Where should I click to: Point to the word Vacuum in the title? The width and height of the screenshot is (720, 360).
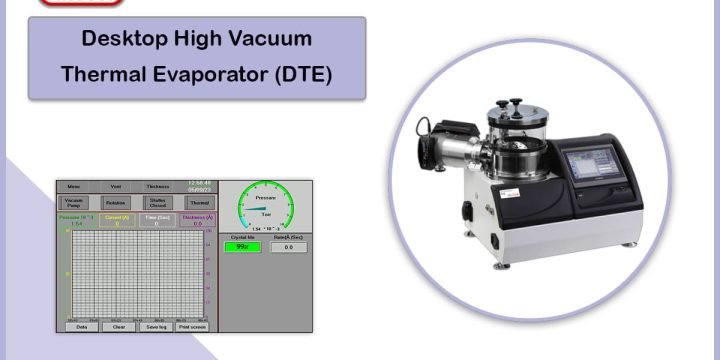tap(271, 40)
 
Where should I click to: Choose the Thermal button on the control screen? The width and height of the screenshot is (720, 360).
tap(199, 202)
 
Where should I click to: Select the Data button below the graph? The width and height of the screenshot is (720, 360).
tap(82, 326)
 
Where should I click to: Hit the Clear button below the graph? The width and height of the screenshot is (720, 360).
tap(118, 326)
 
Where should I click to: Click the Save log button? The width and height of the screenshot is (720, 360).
tap(155, 326)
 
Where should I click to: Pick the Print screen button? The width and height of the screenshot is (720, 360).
tap(193, 326)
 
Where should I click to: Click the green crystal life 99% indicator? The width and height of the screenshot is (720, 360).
tap(243, 247)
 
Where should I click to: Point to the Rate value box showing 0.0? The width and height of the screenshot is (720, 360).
tap(288, 247)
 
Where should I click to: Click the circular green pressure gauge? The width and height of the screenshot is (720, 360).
tap(265, 206)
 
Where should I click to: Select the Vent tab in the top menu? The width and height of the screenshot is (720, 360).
tap(116, 186)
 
